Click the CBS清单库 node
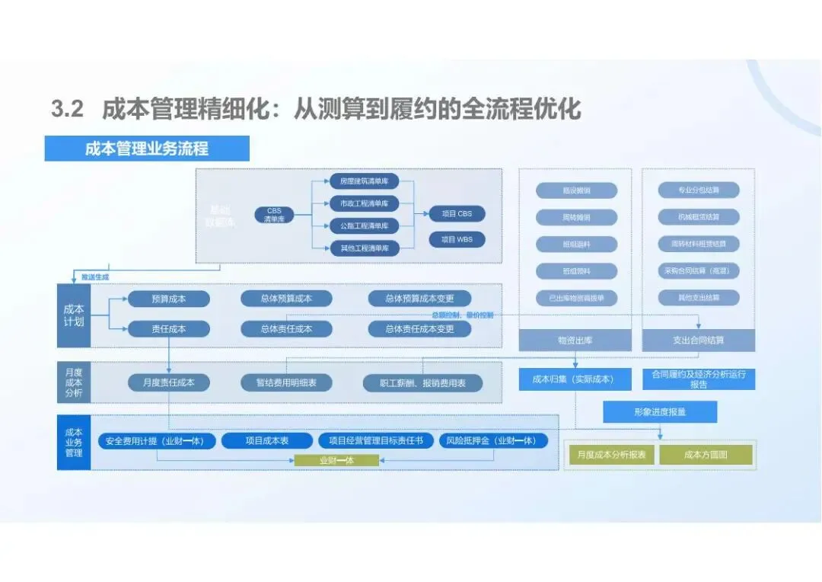point(274,215)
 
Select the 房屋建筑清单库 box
point(365,181)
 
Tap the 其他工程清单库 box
point(365,248)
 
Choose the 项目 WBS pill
point(457,239)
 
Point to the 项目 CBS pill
point(457,214)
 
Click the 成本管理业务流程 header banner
point(147,149)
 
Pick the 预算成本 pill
point(168,299)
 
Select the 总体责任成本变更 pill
point(419,329)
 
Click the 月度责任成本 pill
point(168,382)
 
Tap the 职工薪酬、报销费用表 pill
point(422,383)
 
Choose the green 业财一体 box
point(336,460)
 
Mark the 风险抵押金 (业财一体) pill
point(493,440)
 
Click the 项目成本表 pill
point(266,440)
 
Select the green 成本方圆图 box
point(706,455)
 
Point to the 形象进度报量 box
point(660,411)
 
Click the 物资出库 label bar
point(575,340)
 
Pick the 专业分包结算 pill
point(699,190)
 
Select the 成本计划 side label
point(74,315)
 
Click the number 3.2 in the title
point(67,109)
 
